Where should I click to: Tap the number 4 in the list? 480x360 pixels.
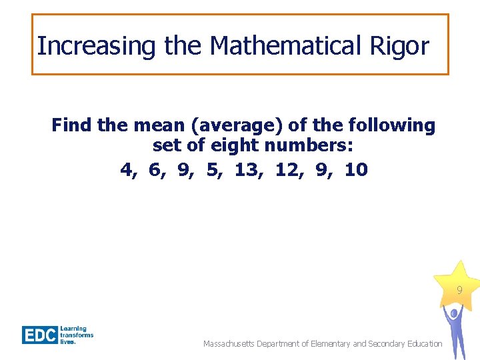click(x=127, y=170)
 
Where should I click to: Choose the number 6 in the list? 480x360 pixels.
click(x=156, y=170)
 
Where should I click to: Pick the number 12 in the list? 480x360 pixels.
click(x=287, y=170)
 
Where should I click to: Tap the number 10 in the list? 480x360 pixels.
click(x=356, y=170)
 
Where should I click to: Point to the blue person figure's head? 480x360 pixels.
click(x=454, y=312)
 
